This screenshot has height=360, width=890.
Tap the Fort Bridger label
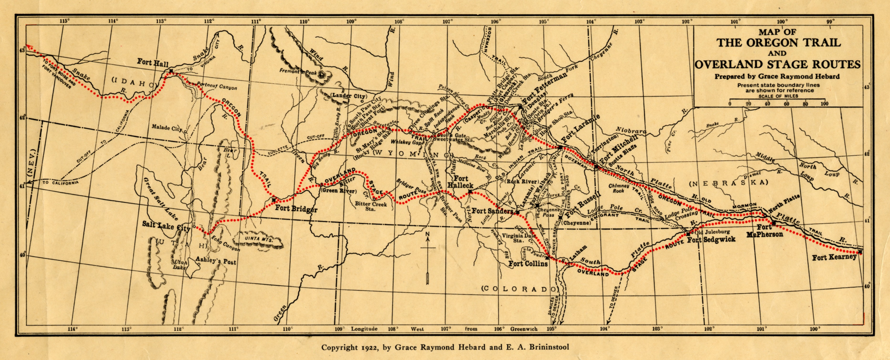296,209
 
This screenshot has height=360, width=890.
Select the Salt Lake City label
166,226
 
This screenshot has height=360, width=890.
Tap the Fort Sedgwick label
711,239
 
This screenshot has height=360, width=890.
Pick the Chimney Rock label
618,188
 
